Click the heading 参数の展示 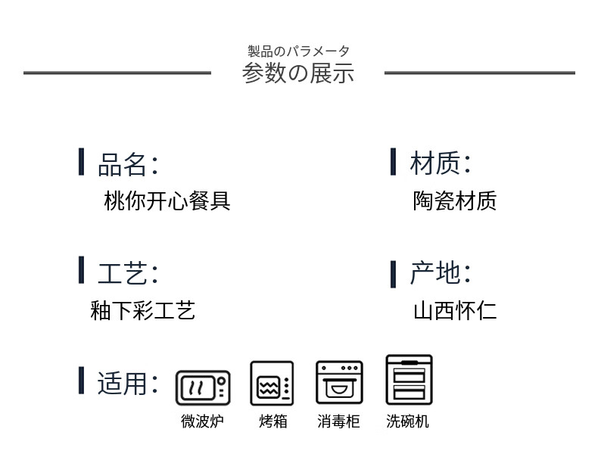pyautogui.click(x=298, y=73)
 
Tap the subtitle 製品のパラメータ pyautogui.click(x=298, y=51)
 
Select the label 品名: pyautogui.click(x=128, y=163)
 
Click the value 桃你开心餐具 pyautogui.click(x=167, y=201)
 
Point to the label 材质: pyautogui.click(x=440, y=163)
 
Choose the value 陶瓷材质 pyautogui.click(x=454, y=201)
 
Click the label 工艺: pyautogui.click(x=128, y=272)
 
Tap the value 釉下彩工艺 pyautogui.click(x=143, y=310)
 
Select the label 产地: pyautogui.click(x=440, y=272)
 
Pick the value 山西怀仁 pyautogui.click(x=454, y=310)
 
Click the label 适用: pyautogui.click(x=128, y=383)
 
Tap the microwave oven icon pyautogui.click(x=202, y=387)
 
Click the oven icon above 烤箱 pyautogui.click(x=272, y=384)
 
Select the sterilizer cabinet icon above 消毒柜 pyautogui.click(x=338, y=383)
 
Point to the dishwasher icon pyautogui.click(x=409, y=380)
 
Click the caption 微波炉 pyautogui.click(x=202, y=421)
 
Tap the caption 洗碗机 pyautogui.click(x=407, y=421)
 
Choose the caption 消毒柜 pyautogui.click(x=338, y=421)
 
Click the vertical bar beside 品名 pyautogui.click(x=81, y=162)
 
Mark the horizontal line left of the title pyautogui.click(x=117, y=73)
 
